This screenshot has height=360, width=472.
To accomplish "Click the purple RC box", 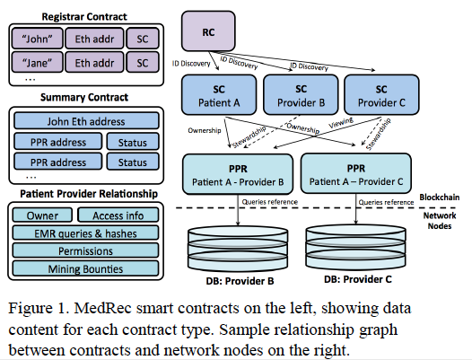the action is (x=208, y=31).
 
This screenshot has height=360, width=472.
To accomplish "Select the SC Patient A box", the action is (x=219, y=95).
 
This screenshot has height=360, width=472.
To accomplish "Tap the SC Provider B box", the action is (x=301, y=95).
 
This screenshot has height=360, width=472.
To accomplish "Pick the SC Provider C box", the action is (x=381, y=95).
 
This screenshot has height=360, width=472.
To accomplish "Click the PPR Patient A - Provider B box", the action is (x=238, y=174).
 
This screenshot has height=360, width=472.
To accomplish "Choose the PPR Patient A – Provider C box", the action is (x=356, y=173).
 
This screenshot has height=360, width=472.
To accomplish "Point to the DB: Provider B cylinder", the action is (x=238, y=248).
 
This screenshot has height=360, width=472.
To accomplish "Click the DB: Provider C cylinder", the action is (x=355, y=246).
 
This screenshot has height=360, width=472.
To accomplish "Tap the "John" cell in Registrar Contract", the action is (x=38, y=39).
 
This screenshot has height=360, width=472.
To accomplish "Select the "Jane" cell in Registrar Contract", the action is (x=38, y=62).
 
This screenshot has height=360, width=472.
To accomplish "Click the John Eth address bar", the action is (x=86, y=121).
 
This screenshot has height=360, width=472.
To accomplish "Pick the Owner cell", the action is (x=42, y=215).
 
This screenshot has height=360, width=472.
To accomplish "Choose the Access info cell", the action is (x=118, y=215).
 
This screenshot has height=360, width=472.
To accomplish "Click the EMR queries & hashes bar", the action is (x=85, y=233).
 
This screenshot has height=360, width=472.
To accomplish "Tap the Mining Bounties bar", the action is (x=85, y=268).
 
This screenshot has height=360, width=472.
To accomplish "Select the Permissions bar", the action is (x=85, y=250).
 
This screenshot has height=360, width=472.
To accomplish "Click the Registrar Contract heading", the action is (x=84, y=16).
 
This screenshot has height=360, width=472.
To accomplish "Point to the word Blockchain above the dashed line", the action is (x=440, y=198).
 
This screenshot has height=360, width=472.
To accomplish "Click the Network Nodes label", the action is (x=440, y=221).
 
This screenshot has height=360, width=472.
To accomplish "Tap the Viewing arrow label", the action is (x=341, y=123).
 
